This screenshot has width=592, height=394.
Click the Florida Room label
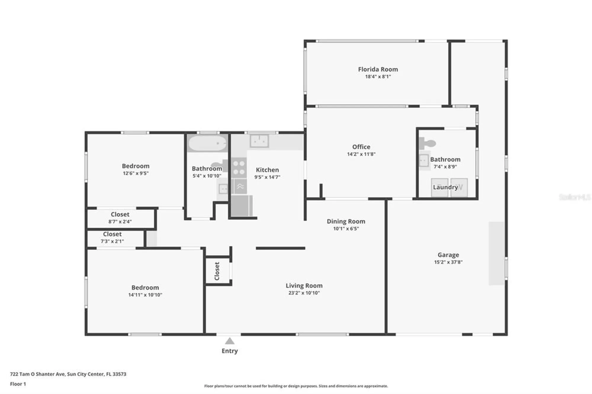point(378,69)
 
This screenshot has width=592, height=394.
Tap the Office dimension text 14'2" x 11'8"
point(361,154)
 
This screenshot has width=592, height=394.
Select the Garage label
point(448,255)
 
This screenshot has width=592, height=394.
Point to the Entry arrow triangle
point(230,342)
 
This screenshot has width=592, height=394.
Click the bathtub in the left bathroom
point(207,143)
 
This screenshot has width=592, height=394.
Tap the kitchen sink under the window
point(259,141)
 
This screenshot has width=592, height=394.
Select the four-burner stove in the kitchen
point(239,168)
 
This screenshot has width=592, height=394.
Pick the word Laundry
point(445,187)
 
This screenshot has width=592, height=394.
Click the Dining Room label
point(346,221)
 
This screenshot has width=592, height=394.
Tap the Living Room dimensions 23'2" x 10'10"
point(304,293)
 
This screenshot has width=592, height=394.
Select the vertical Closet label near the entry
point(217,271)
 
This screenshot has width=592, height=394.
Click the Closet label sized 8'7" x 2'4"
point(120,214)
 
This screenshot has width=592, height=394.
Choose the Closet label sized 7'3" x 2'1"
point(112,234)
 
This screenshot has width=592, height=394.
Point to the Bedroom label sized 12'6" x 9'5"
point(136,166)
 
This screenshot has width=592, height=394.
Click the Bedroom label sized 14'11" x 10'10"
point(145,288)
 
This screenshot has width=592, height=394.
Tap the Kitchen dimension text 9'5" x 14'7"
point(267,177)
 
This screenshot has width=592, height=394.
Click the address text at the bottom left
point(68,374)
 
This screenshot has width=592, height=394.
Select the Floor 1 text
point(18,384)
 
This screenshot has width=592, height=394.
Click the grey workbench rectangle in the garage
point(496,253)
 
